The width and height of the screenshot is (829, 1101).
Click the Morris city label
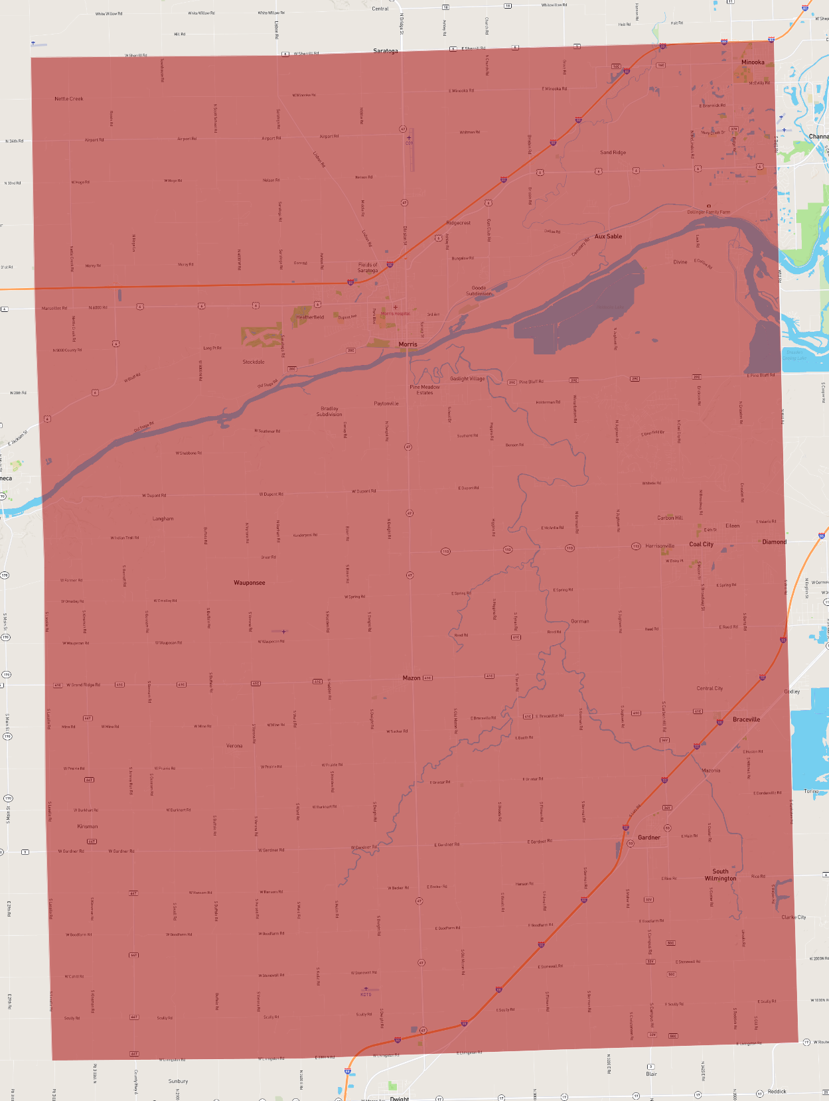click(x=408, y=344)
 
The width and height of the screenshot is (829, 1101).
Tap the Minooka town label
click(x=752, y=62)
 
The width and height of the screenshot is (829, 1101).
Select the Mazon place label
click(x=412, y=678)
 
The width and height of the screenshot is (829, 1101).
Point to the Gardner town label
click(x=648, y=838)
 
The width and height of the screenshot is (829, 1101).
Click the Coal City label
click(x=701, y=544)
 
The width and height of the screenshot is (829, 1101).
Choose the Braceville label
click(x=746, y=719)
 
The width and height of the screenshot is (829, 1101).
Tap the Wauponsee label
click(x=249, y=583)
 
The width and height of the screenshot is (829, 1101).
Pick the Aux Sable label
click(x=608, y=236)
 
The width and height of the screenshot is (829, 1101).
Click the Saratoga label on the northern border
click(x=385, y=51)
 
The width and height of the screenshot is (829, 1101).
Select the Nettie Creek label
click(x=69, y=99)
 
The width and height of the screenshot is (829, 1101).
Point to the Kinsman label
click(x=88, y=826)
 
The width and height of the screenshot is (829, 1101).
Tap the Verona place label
click(x=234, y=746)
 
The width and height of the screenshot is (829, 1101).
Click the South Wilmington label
click(x=720, y=875)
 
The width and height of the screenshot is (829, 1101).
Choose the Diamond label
click(x=774, y=542)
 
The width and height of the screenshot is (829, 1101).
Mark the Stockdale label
click(x=254, y=362)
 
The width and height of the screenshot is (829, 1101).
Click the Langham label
click(x=163, y=519)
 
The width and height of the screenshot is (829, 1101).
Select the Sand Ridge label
click(x=613, y=153)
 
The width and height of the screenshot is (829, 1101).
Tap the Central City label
click(x=710, y=688)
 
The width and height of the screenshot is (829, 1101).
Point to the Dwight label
click(x=400, y=1098)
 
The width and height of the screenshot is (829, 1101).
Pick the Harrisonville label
click(x=660, y=546)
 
